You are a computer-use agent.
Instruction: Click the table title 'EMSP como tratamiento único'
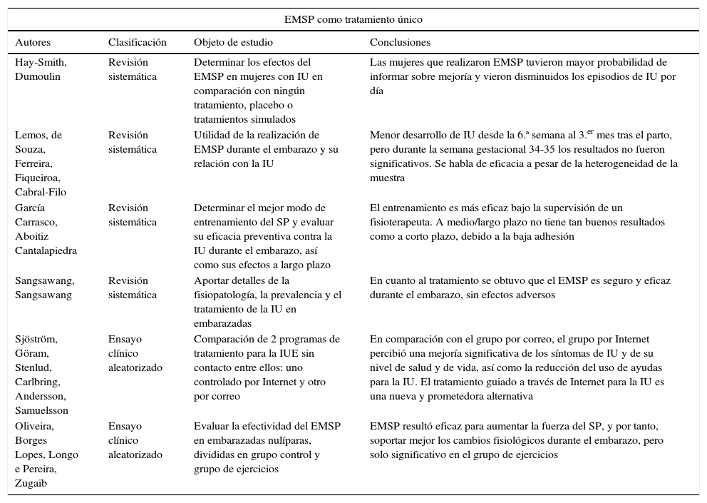(353, 19)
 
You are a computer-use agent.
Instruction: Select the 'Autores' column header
(33, 43)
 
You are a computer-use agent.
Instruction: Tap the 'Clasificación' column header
(138, 43)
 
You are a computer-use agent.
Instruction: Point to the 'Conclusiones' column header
(400, 43)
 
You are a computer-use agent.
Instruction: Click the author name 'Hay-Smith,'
(41, 63)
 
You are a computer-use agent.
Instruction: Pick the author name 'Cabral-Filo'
(40, 192)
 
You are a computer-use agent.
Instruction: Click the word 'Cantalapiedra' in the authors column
(46, 250)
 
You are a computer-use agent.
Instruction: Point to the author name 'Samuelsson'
(41, 410)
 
